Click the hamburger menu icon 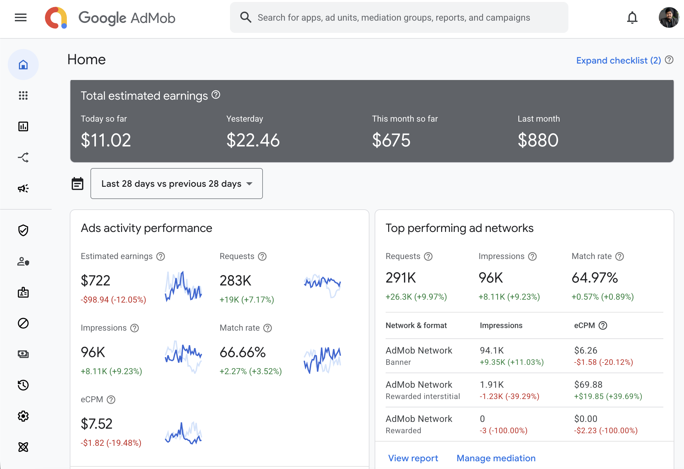[21, 17]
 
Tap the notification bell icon [632, 18]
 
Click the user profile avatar [669, 18]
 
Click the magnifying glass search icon [246, 17]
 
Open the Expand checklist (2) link [618, 60]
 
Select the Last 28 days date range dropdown [176, 184]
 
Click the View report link [413, 458]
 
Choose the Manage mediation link [496, 458]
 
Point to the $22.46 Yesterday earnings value [253, 140]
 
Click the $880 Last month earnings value [538, 140]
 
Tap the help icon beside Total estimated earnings [216, 95]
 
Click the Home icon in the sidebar [23, 65]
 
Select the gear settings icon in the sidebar [23, 416]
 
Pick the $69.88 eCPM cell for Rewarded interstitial [588, 384]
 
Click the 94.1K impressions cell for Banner [492, 350]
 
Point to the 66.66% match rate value [243, 352]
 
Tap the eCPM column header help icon [603, 325]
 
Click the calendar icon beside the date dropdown [78, 184]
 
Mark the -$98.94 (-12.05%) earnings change [113, 300]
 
